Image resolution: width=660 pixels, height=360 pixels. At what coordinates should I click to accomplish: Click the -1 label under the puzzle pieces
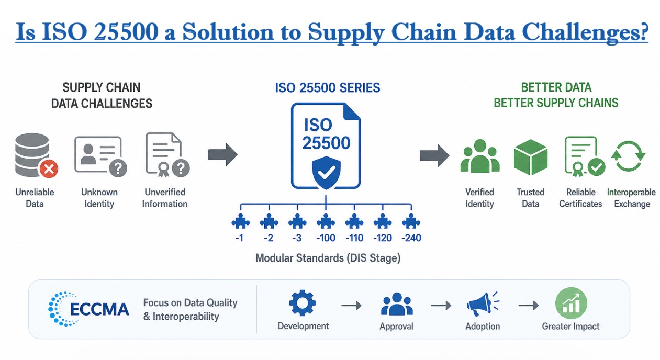tap(240, 238)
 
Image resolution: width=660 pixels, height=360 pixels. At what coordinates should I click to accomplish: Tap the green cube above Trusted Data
tap(530, 156)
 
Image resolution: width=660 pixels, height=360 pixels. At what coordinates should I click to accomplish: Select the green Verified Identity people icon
tap(479, 157)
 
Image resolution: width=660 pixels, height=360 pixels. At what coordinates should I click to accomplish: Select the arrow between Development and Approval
tap(351, 305)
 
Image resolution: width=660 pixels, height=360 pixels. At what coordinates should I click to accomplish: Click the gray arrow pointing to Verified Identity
tap(434, 155)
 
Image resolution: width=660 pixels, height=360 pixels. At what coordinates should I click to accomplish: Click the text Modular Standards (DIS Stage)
tap(328, 258)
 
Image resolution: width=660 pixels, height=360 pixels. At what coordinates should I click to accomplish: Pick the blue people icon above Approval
tap(396, 304)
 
